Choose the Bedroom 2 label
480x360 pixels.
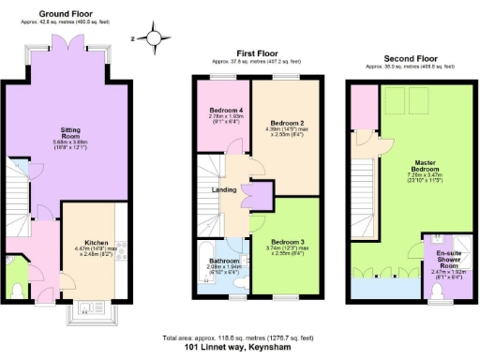pyautogui.click(x=287, y=122)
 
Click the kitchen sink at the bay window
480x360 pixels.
pyautogui.click(x=91, y=307)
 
